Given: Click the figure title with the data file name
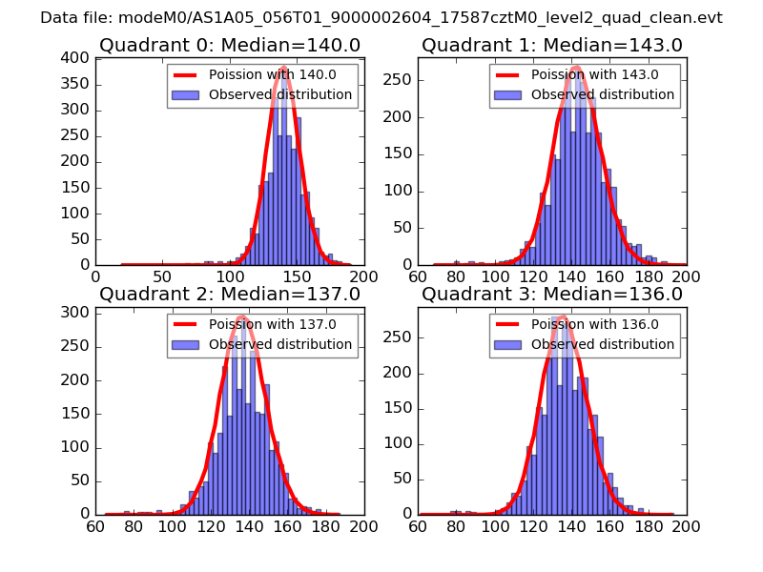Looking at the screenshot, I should click(381, 18).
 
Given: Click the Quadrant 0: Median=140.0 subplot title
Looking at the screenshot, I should click(230, 45).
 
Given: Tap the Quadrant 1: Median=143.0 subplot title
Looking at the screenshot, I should click(552, 45).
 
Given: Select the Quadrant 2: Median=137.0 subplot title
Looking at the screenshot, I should click(230, 294).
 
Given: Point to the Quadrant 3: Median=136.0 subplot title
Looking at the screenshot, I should click(552, 294).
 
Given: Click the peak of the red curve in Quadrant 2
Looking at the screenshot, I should click(243, 317).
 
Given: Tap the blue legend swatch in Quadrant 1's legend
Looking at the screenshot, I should click(506, 95).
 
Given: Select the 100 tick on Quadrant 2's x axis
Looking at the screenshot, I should click(173, 525).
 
